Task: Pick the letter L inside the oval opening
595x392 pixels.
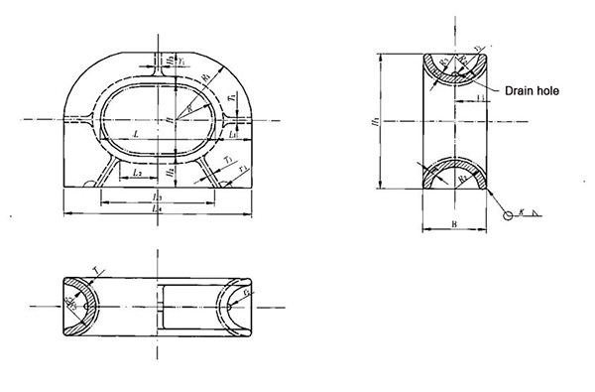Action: click(x=133, y=132)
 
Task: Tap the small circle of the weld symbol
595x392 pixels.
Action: click(x=508, y=215)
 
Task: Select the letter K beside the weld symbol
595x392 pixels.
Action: click(x=522, y=212)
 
